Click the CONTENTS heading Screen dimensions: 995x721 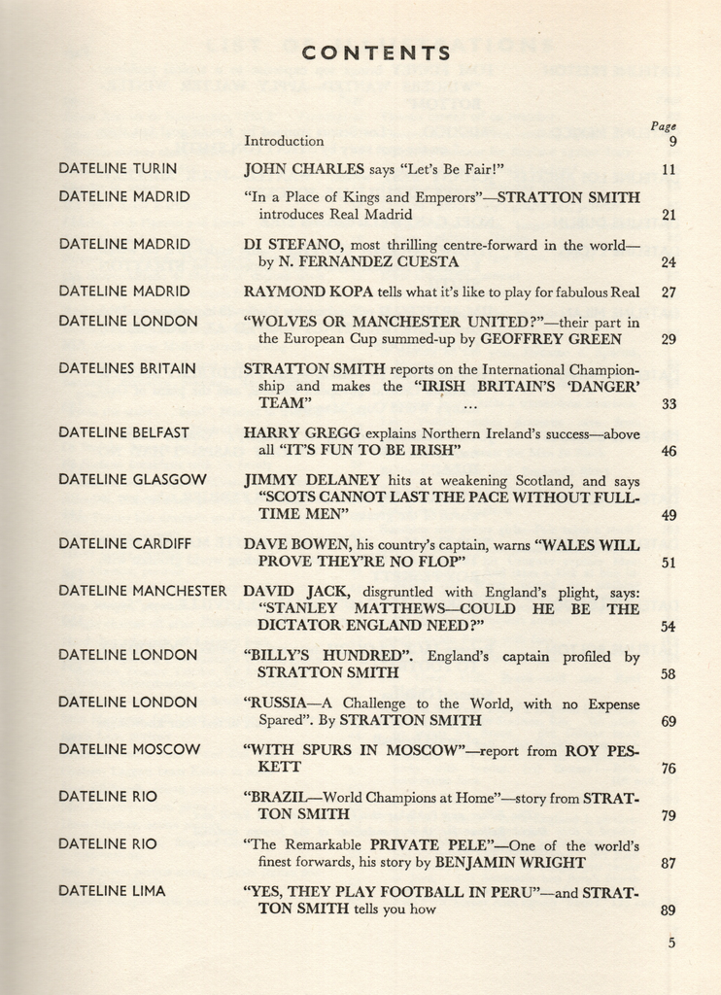tap(375, 53)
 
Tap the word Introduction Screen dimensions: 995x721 tap(284, 141)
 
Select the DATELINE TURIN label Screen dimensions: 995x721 tap(118, 168)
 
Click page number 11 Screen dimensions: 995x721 tap(668, 169)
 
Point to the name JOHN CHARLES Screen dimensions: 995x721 tap(304, 168)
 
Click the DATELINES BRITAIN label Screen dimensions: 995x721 tap(127, 368)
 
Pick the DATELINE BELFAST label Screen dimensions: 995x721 tap(124, 432)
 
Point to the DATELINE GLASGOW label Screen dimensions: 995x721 tap(132, 479)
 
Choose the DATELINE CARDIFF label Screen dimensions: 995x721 tap(125, 544)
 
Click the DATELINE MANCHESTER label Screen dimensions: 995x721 tap(143, 591)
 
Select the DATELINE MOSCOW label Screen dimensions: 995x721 tap(129, 749)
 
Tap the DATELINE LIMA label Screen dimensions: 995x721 tap(112, 891)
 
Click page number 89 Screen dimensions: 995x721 tap(668, 910)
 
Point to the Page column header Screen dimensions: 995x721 tap(664, 126)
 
